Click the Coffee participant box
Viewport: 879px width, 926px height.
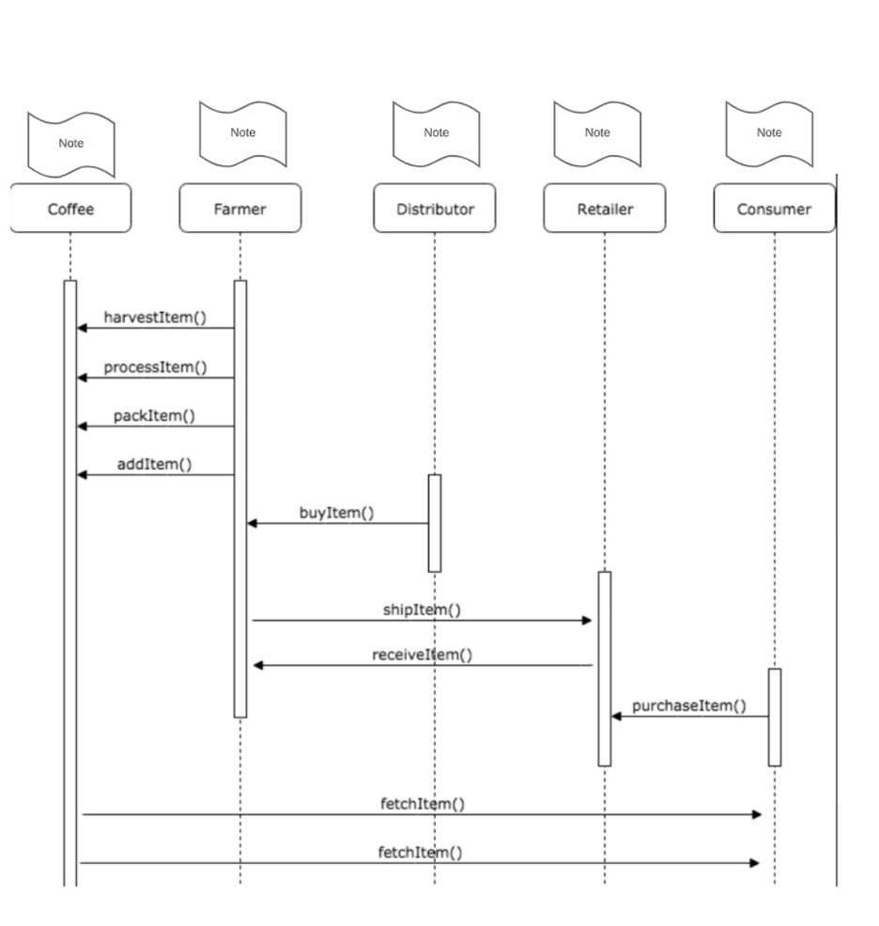[70, 208]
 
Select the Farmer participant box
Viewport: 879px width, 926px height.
[240, 208]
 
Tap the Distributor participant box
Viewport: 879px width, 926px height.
[435, 208]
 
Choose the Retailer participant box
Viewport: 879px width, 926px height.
[605, 208]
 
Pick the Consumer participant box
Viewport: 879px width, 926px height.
[774, 208]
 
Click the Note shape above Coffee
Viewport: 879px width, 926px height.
[71, 144]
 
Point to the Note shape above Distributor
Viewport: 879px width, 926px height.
[436, 132]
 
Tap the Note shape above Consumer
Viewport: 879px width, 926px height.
[769, 132]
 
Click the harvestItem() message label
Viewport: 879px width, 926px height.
[155, 317]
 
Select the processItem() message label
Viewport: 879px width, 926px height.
[155, 366]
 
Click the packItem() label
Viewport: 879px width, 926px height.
[155, 415]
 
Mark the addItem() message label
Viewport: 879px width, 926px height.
[155, 464]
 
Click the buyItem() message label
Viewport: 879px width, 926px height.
[336, 513]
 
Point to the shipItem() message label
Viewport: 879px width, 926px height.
[422, 610]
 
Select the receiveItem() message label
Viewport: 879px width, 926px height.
[422, 655]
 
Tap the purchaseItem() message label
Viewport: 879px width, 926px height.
[689, 705]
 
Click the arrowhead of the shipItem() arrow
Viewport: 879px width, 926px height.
[587, 620]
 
